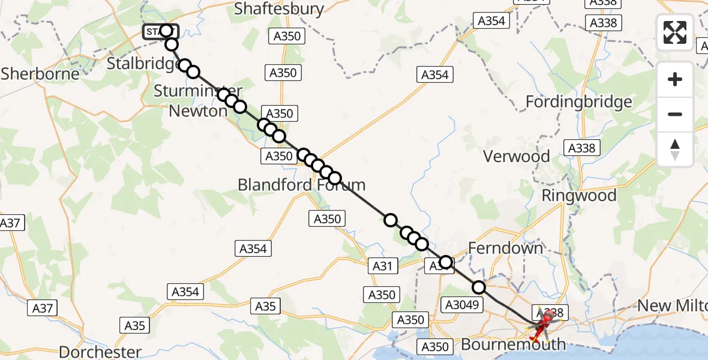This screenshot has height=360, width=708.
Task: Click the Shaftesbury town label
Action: coord(279,9)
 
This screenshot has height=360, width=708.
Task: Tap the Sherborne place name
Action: coord(40,74)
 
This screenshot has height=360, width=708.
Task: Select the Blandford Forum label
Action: coord(301,184)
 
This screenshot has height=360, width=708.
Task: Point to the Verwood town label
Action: coord(517,157)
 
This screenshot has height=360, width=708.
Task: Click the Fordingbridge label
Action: coord(578,102)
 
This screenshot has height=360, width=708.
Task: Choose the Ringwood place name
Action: coord(578,196)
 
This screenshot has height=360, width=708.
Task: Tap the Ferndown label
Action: coord(505,248)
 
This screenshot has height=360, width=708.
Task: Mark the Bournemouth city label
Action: coord(513,344)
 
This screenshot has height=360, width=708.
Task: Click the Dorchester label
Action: coord(100,352)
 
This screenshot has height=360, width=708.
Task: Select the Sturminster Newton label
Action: coord(197,101)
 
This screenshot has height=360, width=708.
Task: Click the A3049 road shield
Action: coord(462,305)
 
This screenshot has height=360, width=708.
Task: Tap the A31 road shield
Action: coord(382,266)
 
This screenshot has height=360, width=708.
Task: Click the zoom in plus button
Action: coord(675,79)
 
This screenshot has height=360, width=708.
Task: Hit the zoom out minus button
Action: coord(675,114)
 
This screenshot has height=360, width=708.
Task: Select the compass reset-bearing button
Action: coord(675,149)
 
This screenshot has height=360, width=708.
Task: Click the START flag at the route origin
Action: coord(159,31)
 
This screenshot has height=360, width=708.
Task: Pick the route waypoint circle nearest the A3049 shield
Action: coord(478,287)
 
